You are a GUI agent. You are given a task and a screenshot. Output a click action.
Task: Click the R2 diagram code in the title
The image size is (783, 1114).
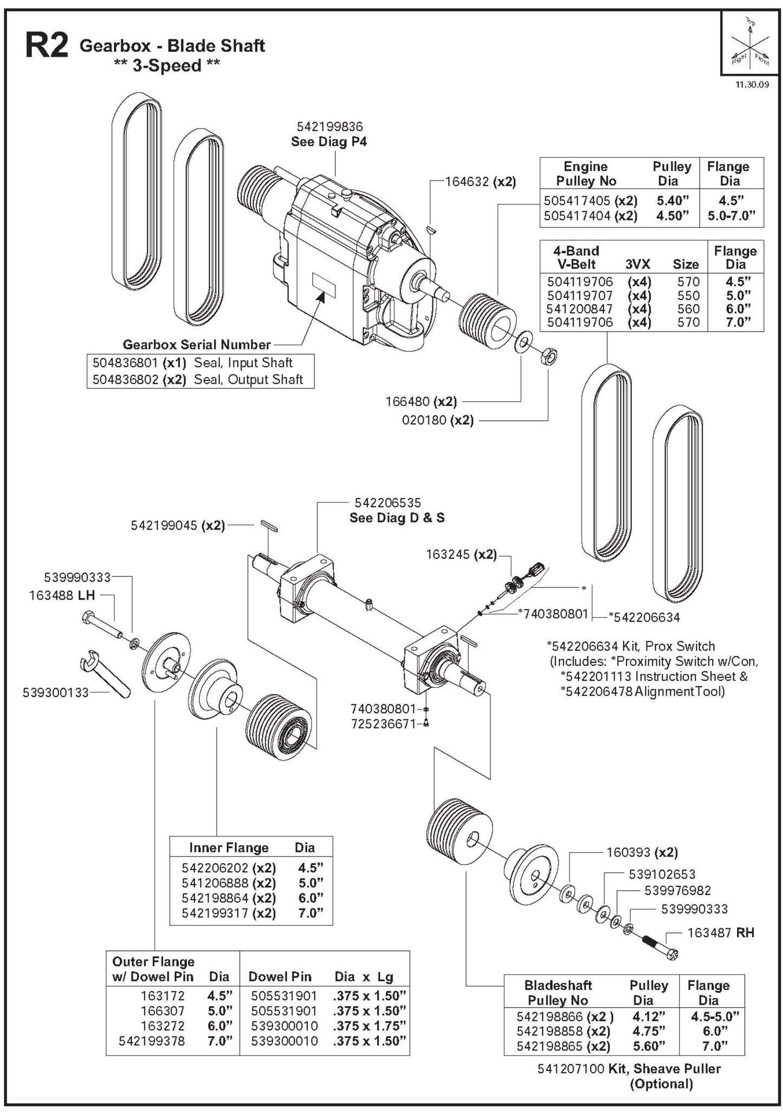pyautogui.click(x=47, y=47)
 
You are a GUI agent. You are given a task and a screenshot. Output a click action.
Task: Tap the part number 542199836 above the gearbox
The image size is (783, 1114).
pyautogui.click(x=329, y=126)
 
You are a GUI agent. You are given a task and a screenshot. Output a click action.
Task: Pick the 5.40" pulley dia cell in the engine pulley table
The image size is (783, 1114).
pyautogui.click(x=672, y=201)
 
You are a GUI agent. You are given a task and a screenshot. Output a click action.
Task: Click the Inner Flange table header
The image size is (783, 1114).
pyautogui.click(x=228, y=847)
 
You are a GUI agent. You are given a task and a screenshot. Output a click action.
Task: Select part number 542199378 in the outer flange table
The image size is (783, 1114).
pyautogui.click(x=152, y=1041)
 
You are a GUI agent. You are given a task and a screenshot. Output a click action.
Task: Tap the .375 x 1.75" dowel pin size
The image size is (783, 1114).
pyautogui.click(x=370, y=1026)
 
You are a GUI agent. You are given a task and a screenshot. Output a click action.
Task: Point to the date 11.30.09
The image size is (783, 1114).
pyautogui.click(x=751, y=85)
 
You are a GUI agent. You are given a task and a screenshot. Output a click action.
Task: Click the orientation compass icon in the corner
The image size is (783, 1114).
pyautogui.click(x=749, y=43)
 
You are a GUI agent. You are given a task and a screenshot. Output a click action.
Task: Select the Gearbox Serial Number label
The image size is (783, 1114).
pyautogui.click(x=197, y=345)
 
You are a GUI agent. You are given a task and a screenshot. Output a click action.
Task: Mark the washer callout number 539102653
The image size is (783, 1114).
pyautogui.click(x=662, y=874)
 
